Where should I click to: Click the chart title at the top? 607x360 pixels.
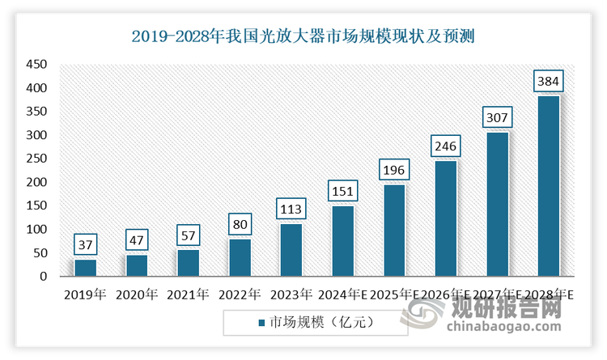304,36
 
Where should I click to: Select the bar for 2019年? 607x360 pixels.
85,268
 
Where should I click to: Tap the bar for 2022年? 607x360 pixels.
240,257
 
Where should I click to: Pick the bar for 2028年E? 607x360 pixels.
549,186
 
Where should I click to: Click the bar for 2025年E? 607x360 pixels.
394,231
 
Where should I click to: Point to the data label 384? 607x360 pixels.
549,81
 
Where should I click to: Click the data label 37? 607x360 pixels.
85,244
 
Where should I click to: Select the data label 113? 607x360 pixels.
291,209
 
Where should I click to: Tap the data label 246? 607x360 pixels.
446,146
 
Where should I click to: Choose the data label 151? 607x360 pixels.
343,191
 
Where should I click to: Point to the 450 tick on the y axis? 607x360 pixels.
37,64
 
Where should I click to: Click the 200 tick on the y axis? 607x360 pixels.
37,182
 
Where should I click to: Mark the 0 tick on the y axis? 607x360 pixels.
43,277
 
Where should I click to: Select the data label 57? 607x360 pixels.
188,235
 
